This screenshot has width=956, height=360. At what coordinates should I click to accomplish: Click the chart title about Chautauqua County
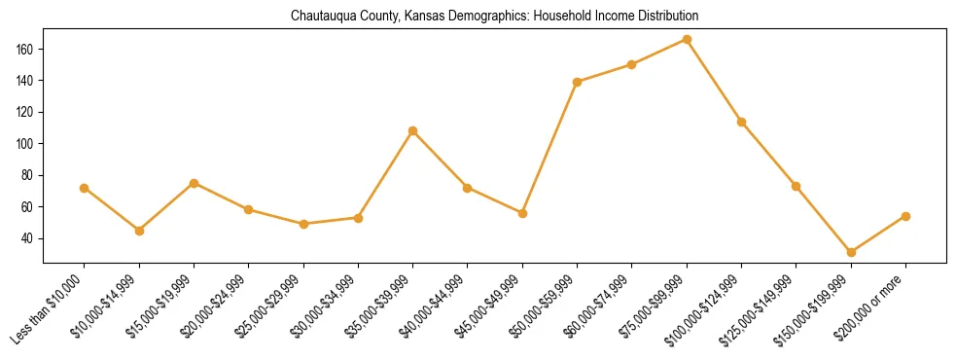click(494, 17)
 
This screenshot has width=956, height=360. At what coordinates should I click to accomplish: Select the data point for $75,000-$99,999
click(687, 39)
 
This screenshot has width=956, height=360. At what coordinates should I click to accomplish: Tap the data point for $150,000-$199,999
click(851, 252)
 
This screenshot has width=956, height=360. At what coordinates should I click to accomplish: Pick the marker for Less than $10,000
click(85, 188)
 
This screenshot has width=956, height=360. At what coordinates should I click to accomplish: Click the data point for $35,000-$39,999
click(413, 130)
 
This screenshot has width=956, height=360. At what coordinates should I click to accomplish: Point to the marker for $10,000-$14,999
click(139, 231)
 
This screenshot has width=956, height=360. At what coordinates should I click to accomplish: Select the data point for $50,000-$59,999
click(578, 82)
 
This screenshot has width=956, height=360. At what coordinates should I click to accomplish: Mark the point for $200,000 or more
click(905, 216)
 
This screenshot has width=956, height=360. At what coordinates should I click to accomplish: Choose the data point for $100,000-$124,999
click(742, 122)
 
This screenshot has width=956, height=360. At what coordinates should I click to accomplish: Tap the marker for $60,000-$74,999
click(632, 64)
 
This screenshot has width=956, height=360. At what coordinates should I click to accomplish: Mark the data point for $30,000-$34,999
click(358, 218)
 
